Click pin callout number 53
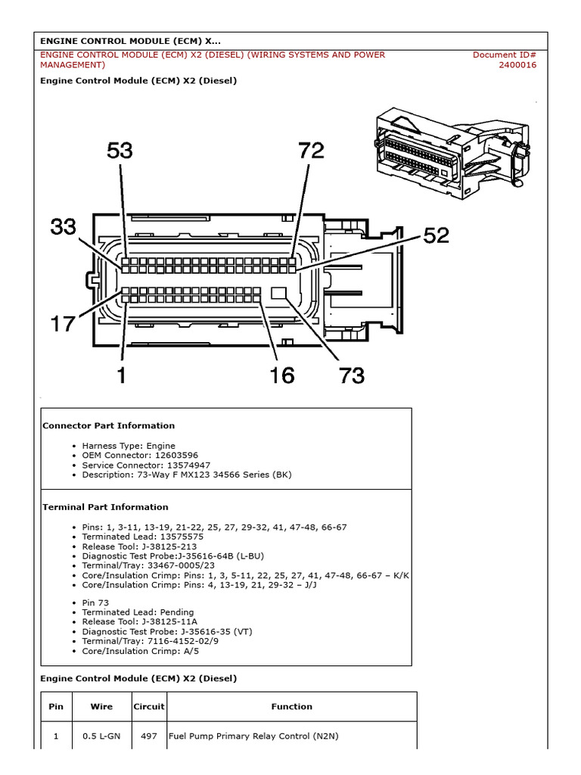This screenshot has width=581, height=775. point(120,151)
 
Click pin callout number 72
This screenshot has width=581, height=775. point(311,151)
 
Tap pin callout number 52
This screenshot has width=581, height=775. point(436,236)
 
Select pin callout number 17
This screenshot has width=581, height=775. point(64,324)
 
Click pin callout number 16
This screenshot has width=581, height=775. point(282,375)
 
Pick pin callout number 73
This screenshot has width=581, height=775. point(352,375)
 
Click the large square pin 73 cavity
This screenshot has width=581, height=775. point(279,294)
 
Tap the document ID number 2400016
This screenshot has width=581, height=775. point(517,65)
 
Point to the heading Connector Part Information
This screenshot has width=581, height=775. point(108,425)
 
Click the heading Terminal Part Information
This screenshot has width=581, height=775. point(105,507)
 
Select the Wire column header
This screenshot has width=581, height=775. point(101,707)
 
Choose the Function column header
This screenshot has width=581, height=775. point(291,707)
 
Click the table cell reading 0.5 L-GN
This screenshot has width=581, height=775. point(101,736)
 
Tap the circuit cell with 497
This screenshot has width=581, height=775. point(148,736)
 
